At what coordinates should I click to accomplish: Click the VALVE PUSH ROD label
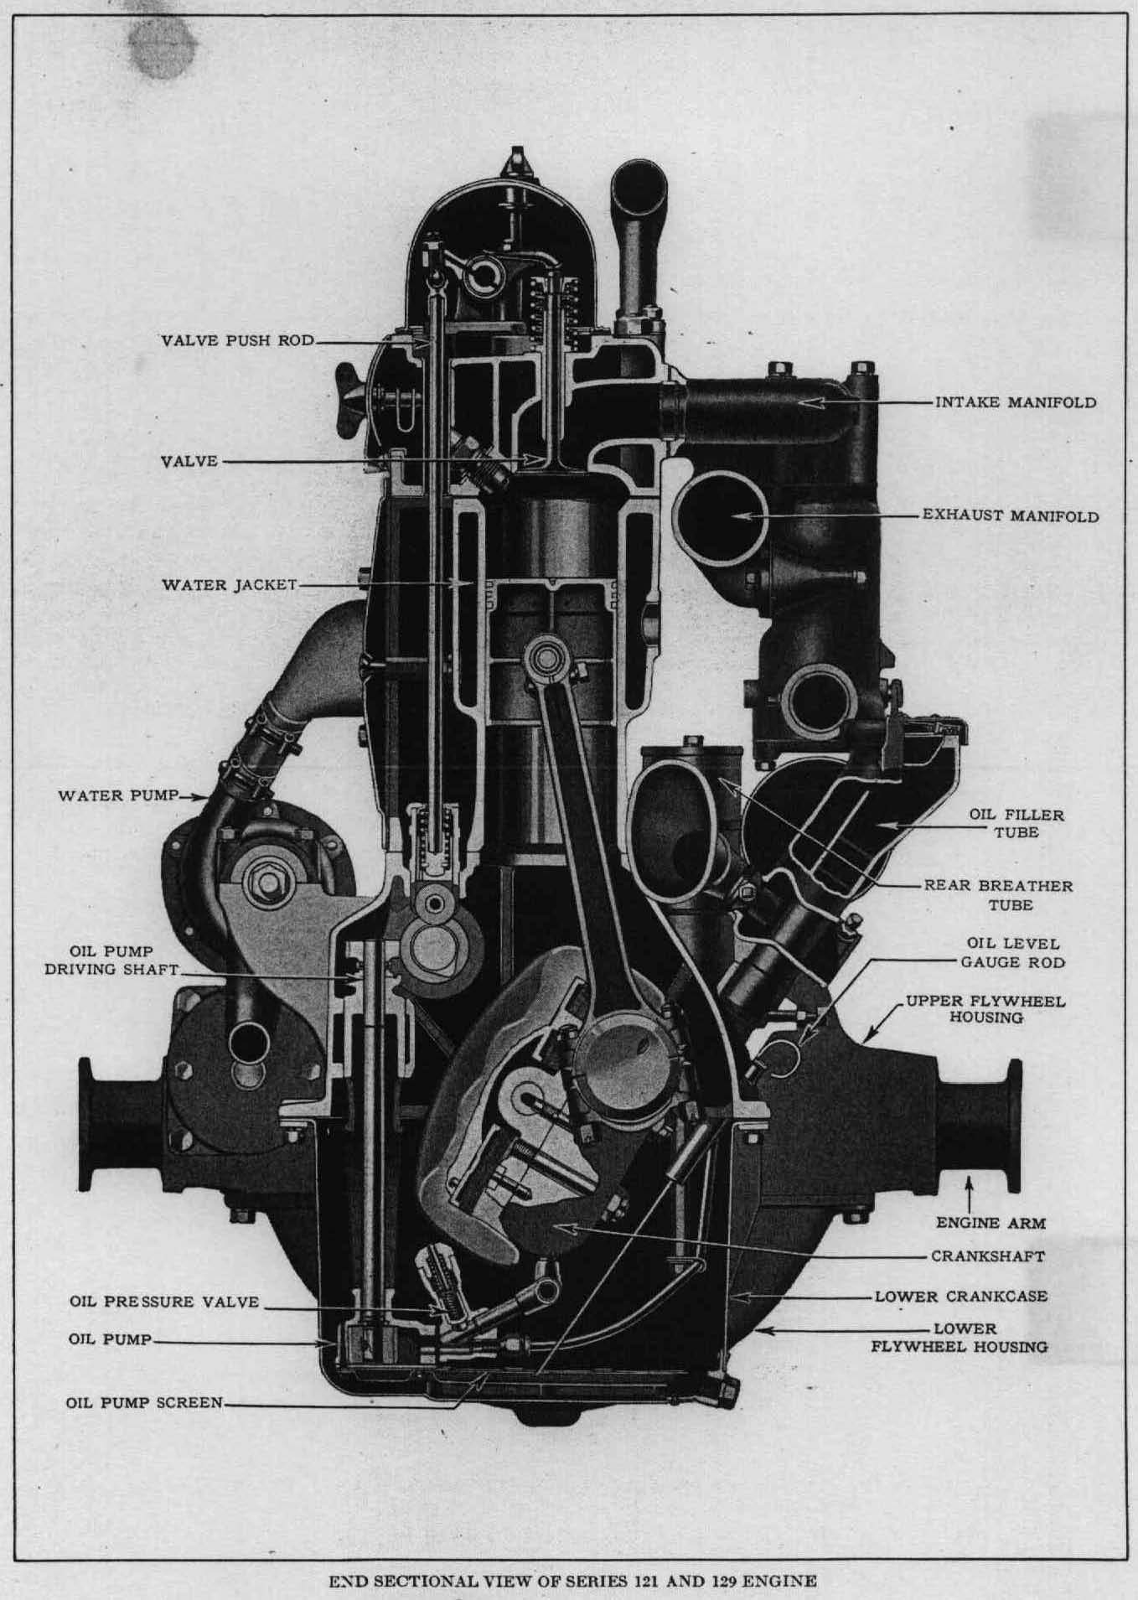coord(237,341)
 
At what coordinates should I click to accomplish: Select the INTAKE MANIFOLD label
coord(1015,402)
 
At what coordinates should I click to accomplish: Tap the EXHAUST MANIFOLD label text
coord(1010,515)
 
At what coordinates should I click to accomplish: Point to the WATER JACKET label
coord(229,584)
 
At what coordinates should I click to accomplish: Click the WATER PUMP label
coord(118,795)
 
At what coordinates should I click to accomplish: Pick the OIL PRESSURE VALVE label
coord(164,1302)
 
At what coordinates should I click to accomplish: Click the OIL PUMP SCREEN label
coord(144,1402)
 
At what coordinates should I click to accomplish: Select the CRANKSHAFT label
coord(988,1256)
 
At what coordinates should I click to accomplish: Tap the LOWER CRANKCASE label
coord(960,1296)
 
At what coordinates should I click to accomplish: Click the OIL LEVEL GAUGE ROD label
coord(1012,953)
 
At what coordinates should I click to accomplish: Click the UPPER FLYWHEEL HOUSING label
coord(985,1009)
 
